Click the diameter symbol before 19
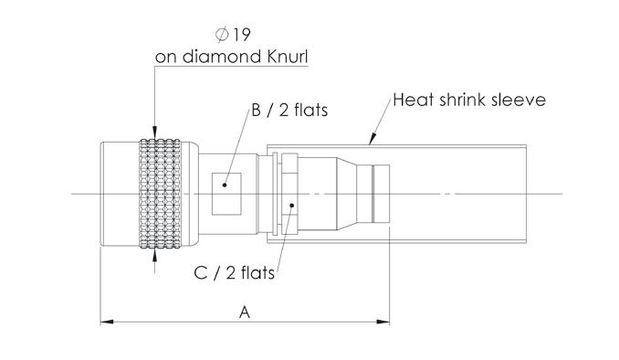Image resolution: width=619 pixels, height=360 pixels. pyautogui.click(x=222, y=35)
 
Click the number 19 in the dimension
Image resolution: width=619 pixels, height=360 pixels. pyautogui.click(x=241, y=35)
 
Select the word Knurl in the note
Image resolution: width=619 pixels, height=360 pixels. pyautogui.click(x=288, y=57)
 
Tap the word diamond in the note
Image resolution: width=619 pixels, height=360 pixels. pyautogui.click(x=222, y=57)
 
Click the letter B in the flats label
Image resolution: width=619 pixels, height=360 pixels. pyautogui.click(x=256, y=111)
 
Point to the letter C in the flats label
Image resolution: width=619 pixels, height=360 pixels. pyautogui.click(x=201, y=272)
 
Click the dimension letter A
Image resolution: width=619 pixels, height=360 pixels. pyautogui.click(x=245, y=312)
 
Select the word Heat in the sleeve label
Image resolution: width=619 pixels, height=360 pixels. pyautogui.click(x=414, y=100)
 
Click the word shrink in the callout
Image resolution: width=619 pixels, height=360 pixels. pyautogui.click(x=463, y=100)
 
